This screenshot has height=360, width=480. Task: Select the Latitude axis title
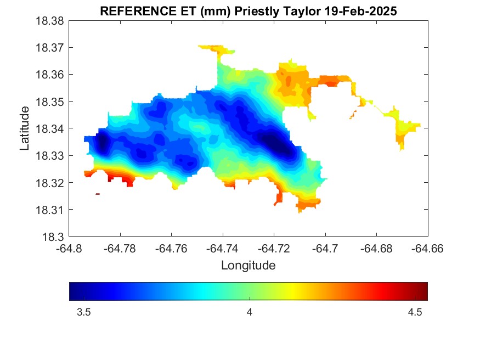pyautogui.click(x=25, y=129)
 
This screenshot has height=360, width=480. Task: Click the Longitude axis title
pyautogui.click(x=248, y=266)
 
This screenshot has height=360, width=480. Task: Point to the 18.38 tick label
pyautogui.click(x=50, y=21)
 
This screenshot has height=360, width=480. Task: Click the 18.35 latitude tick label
pyautogui.click(x=50, y=102)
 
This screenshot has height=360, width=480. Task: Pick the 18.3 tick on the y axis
pyautogui.click(x=53, y=237)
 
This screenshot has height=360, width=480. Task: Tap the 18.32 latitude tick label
pyautogui.click(x=50, y=183)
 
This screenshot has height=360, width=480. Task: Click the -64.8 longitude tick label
pyautogui.click(x=70, y=248)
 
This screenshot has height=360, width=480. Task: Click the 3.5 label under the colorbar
pyautogui.click(x=84, y=312)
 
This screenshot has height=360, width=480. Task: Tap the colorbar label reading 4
pyautogui.click(x=250, y=312)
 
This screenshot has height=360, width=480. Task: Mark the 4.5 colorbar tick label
pyautogui.click(x=415, y=312)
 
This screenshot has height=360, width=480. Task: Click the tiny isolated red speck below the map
pyautogui.click(x=98, y=194)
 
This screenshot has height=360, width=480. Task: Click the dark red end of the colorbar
pyautogui.click(x=423, y=291)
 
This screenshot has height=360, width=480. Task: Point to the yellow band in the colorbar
pyautogui.click(x=297, y=291)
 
